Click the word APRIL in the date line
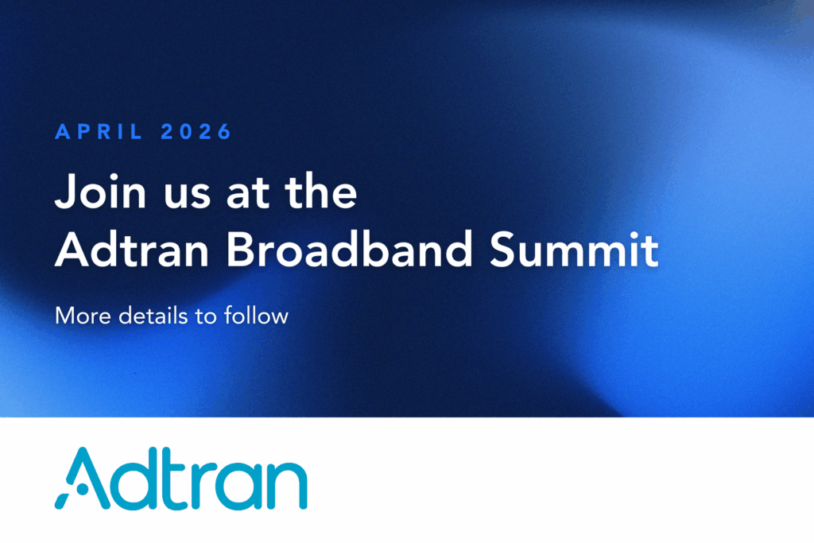pyautogui.click(x=99, y=132)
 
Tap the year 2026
pyautogui.click(x=196, y=132)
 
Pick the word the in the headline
pyautogui.click(x=321, y=191)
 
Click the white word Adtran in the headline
pyautogui.click(x=132, y=249)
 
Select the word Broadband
pyautogui.click(x=350, y=249)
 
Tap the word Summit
pyautogui.click(x=574, y=249)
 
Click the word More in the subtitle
pyautogui.click(x=83, y=316)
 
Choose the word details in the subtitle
pyautogui.click(x=153, y=316)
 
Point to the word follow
pyautogui.click(x=256, y=315)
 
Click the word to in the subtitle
pyautogui.click(x=206, y=316)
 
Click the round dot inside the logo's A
pyautogui.click(x=81, y=489)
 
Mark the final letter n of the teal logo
pyautogui.click(x=287, y=485)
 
